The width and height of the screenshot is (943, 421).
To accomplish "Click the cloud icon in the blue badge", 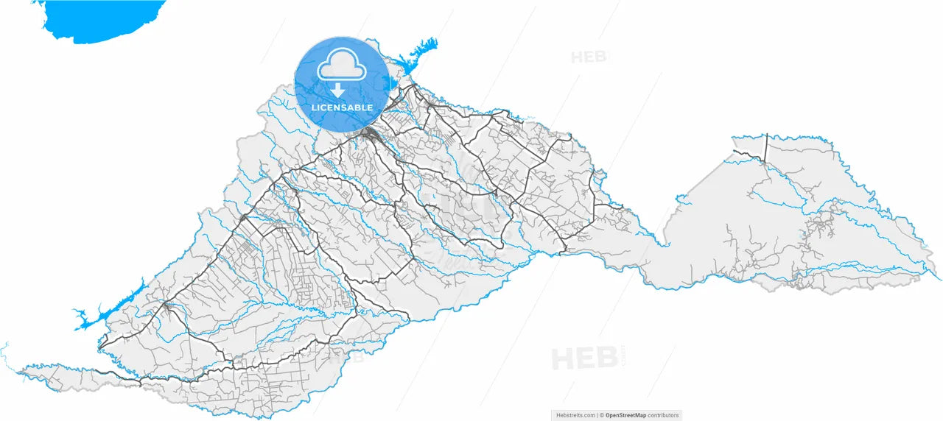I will (342, 66).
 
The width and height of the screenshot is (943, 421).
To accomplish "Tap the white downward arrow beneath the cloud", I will (337, 91).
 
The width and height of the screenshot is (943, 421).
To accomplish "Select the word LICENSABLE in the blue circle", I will (342, 108).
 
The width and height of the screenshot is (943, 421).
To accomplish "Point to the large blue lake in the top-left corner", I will (103, 18).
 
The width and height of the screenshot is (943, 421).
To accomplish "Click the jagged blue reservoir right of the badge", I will (416, 56).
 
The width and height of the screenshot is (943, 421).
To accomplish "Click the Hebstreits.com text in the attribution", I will (575, 415).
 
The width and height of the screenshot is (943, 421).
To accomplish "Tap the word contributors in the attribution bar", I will (665, 415).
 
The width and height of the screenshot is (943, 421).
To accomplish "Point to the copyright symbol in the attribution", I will (602, 415).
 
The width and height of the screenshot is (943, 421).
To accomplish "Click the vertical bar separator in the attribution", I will (597, 415).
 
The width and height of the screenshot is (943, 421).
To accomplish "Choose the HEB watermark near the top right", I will (588, 57).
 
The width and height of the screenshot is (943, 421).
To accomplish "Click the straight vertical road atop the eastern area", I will (766, 147).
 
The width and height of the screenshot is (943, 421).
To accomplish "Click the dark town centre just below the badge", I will (369, 134).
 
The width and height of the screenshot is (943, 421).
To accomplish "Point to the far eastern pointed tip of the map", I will (939, 278).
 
